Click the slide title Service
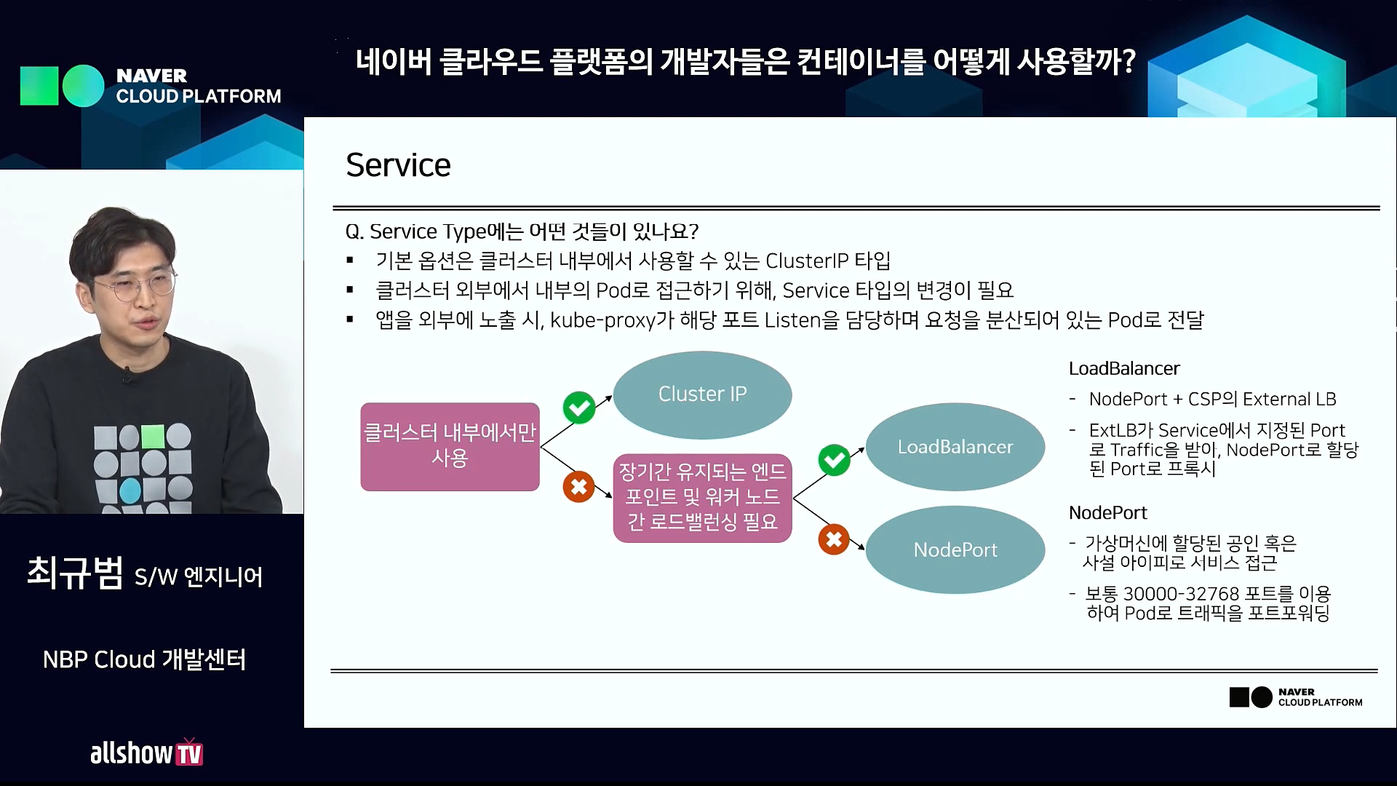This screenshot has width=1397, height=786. pyautogui.click(x=398, y=165)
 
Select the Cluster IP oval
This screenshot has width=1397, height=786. pyautogui.click(x=702, y=394)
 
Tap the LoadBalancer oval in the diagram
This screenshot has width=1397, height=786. pyautogui.click(x=955, y=447)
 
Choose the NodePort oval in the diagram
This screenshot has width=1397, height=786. pyautogui.click(x=955, y=549)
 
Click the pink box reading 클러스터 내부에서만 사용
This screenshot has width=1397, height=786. pyautogui.click(x=450, y=446)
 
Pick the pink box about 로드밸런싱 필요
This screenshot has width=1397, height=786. pyautogui.click(x=702, y=498)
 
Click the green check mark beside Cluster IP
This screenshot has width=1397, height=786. pyautogui.click(x=579, y=408)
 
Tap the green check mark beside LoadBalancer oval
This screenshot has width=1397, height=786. pyautogui.click(x=834, y=460)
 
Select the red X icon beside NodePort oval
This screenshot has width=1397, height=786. pyautogui.click(x=834, y=539)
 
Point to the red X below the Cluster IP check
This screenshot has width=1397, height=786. pyautogui.click(x=579, y=487)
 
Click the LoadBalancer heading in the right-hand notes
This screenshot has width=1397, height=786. pyautogui.click(x=1124, y=369)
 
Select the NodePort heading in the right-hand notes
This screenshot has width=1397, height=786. pyautogui.click(x=1107, y=513)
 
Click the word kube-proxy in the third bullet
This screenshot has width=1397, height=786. pyautogui.click(x=602, y=320)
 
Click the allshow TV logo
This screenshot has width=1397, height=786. pyautogui.click(x=146, y=753)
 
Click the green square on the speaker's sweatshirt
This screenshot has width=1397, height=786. pyautogui.click(x=153, y=436)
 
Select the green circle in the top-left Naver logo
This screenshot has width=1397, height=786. pyautogui.click(x=84, y=86)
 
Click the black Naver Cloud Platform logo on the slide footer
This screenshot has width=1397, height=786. pyautogui.click(x=1295, y=697)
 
